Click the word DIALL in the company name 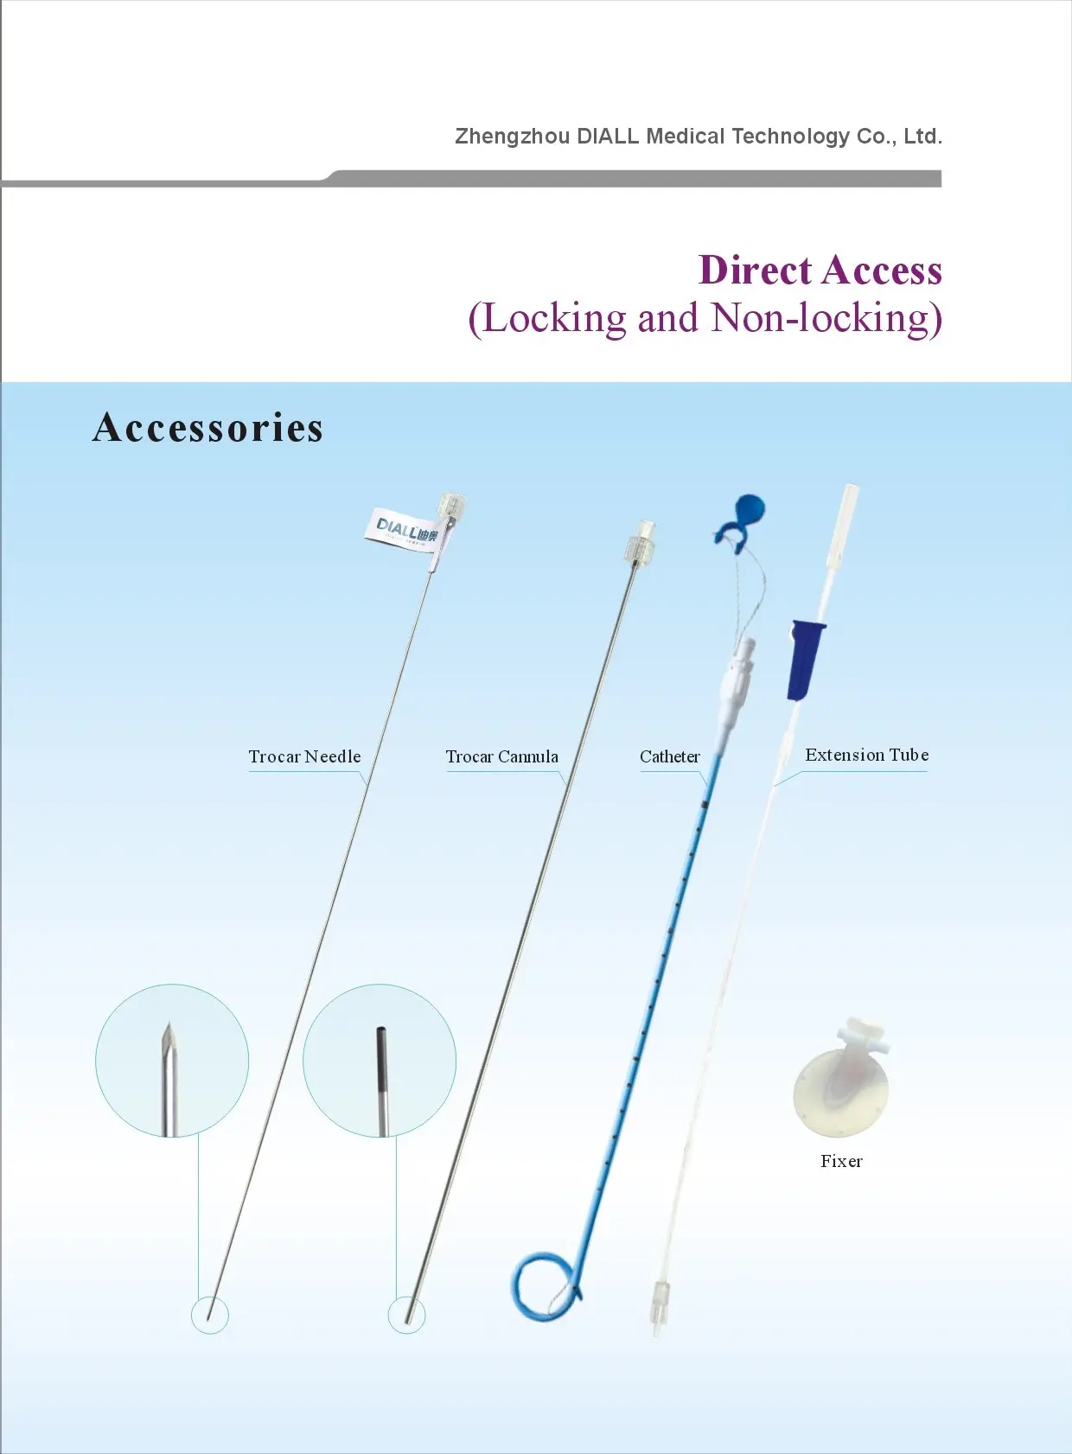[x=608, y=137]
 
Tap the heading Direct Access [x=820, y=270]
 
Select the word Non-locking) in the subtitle [x=826, y=318]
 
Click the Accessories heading [x=207, y=428]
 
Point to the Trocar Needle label [x=304, y=756]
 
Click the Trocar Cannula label [x=502, y=756]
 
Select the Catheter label [x=669, y=756]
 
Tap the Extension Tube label [x=867, y=755]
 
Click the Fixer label [x=841, y=1161]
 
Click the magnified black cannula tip [x=382, y=1079]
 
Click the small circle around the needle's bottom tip [x=210, y=1315]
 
